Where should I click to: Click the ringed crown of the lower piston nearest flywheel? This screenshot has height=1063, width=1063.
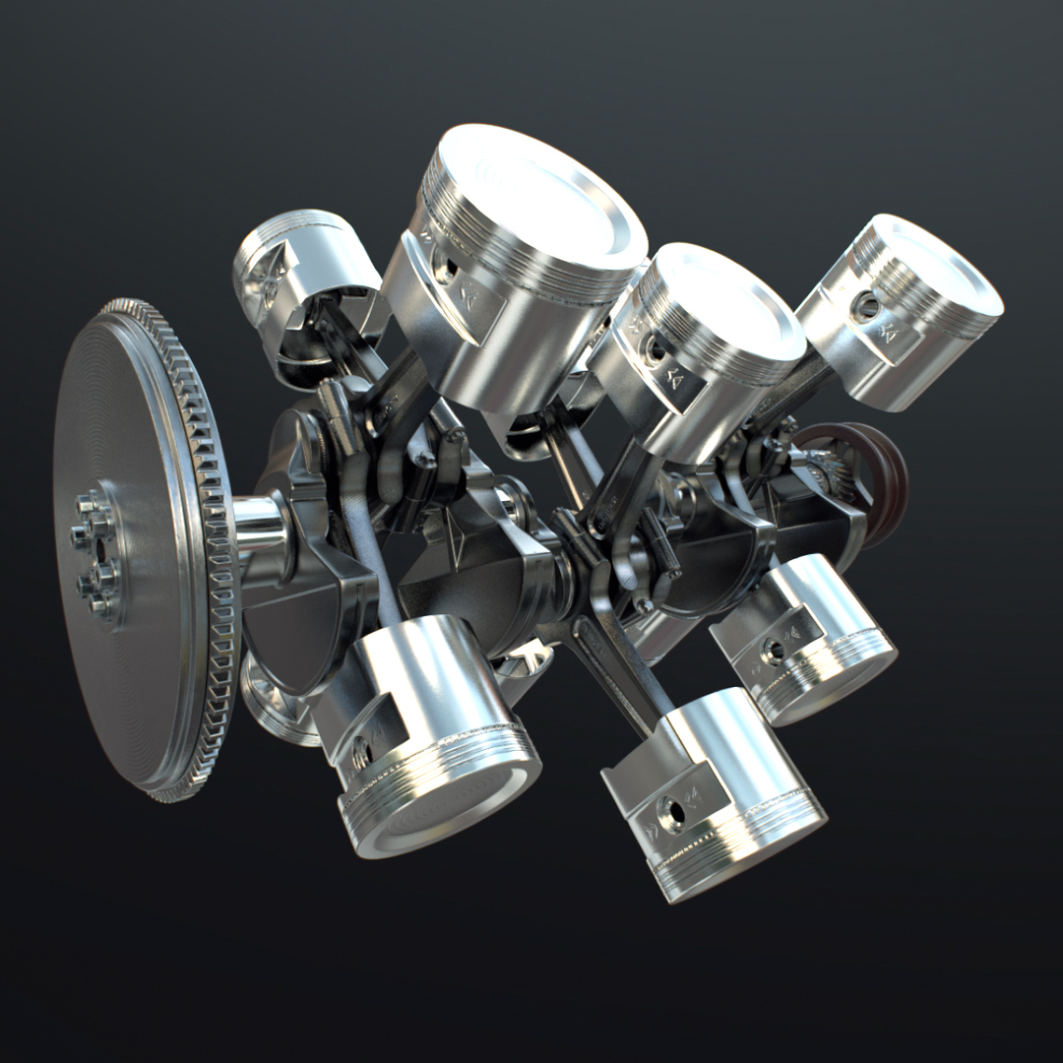tap(443, 797)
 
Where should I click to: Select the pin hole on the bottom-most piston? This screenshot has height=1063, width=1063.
tap(673, 813)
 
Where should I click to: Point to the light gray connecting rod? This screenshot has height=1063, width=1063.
tap(379, 581)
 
